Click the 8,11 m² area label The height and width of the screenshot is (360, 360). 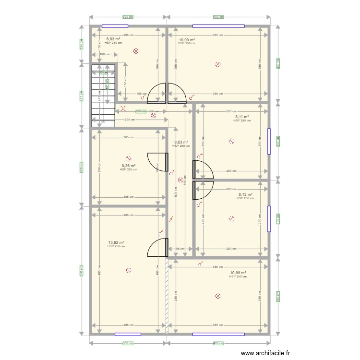click(x=242, y=117)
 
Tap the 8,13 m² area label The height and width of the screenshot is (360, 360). click(x=245, y=194)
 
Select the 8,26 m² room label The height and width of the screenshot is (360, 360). click(x=128, y=166)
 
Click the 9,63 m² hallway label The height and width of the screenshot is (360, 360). click(x=181, y=142)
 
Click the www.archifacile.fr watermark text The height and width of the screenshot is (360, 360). click(x=265, y=353)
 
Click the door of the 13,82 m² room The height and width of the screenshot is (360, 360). click(x=157, y=247)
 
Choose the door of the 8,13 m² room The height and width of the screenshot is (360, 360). click(x=203, y=190)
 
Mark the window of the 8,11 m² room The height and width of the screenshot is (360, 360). click(x=269, y=141)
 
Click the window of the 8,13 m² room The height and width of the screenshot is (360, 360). click(x=269, y=218)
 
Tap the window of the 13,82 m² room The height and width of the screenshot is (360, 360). click(x=128, y=334)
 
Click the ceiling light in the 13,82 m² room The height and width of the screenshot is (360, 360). click(x=128, y=270)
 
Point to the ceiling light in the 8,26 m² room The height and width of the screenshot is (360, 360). click(x=128, y=157)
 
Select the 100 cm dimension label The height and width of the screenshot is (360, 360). click(x=104, y=54)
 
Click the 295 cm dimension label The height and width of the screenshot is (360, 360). click(x=129, y=120)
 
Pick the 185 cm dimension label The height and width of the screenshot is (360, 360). click(x=141, y=94)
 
